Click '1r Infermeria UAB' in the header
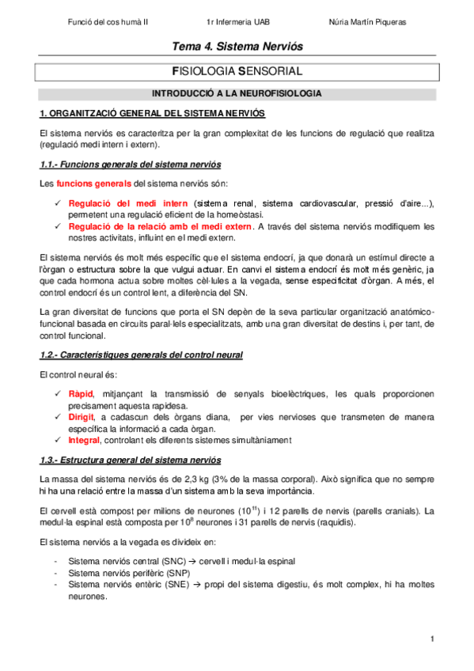point(238,22)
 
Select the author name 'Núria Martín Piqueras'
point(366,22)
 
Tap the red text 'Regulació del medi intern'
point(128,203)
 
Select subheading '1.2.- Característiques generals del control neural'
point(141,354)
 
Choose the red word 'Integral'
point(84,440)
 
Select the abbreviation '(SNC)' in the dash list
point(165,560)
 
